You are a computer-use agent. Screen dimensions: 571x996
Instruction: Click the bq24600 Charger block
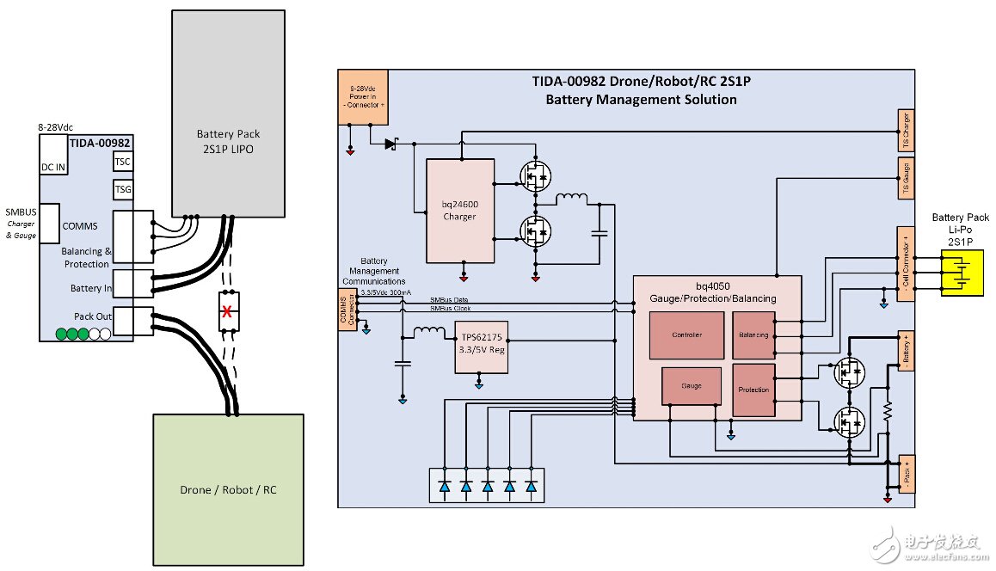coord(460,211)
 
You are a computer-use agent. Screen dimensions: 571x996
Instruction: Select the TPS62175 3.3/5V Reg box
coord(481,348)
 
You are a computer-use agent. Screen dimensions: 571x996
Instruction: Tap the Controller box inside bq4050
coord(686,335)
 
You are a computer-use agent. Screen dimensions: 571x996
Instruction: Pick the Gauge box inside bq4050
coord(692,385)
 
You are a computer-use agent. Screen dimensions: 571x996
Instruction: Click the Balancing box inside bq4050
coord(753,335)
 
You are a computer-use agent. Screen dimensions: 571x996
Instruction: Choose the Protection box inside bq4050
coord(753,390)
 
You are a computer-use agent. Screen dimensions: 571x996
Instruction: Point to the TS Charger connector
coord(904,131)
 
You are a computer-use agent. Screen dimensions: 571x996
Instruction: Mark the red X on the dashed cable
coord(228,311)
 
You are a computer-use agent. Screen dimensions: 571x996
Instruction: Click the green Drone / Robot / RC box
coord(228,489)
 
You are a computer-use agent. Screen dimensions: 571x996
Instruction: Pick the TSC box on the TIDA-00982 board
coord(123,163)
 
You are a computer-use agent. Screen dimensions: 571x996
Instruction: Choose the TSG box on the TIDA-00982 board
coord(123,189)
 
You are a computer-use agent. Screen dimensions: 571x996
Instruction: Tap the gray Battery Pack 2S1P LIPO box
coord(228,113)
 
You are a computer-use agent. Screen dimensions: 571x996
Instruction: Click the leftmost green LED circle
coord(62,333)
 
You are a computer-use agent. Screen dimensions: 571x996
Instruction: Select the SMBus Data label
coord(449,299)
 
